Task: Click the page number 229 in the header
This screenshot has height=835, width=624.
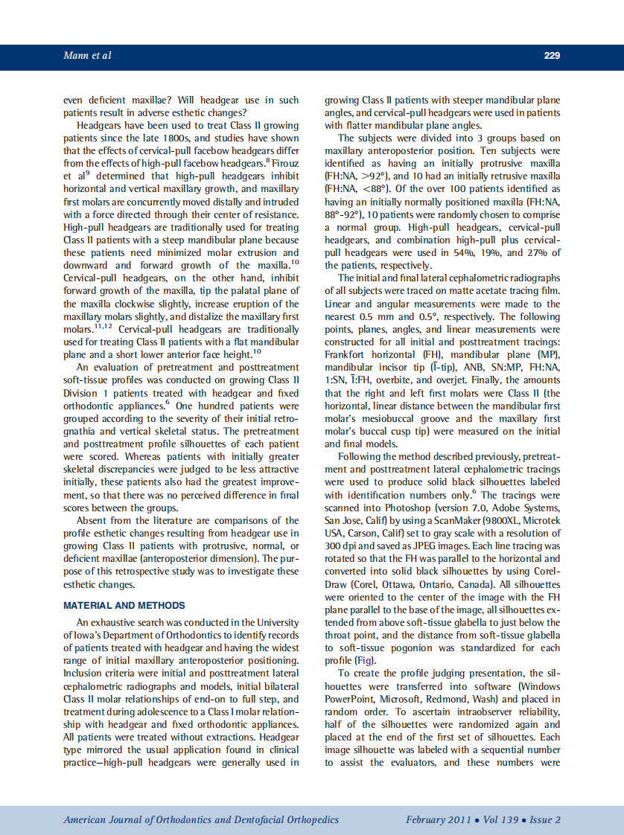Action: click(552, 55)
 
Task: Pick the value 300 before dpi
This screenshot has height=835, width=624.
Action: click(334, 546)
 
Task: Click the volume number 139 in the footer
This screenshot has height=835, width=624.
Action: click(506, 820)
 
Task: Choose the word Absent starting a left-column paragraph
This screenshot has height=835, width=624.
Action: click(93, 520)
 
